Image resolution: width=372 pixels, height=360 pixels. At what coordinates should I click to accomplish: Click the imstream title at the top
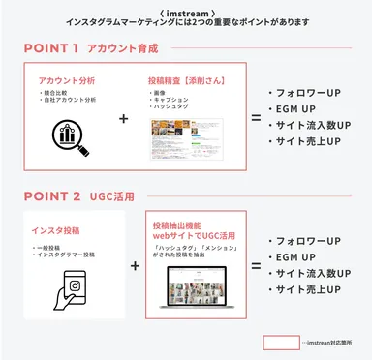(x=186, y=9)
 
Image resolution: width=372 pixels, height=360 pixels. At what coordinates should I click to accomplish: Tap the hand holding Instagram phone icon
(x=75, y=287)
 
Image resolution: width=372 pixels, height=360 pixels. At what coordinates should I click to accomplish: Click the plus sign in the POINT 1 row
(x=123, y=119)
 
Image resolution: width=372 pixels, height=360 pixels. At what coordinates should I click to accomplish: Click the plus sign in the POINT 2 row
(x=134, y=264)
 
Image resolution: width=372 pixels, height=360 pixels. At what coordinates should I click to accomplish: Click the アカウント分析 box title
(x=65, y=80)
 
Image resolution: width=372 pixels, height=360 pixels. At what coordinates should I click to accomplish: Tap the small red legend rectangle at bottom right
(x=281, y=342)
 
